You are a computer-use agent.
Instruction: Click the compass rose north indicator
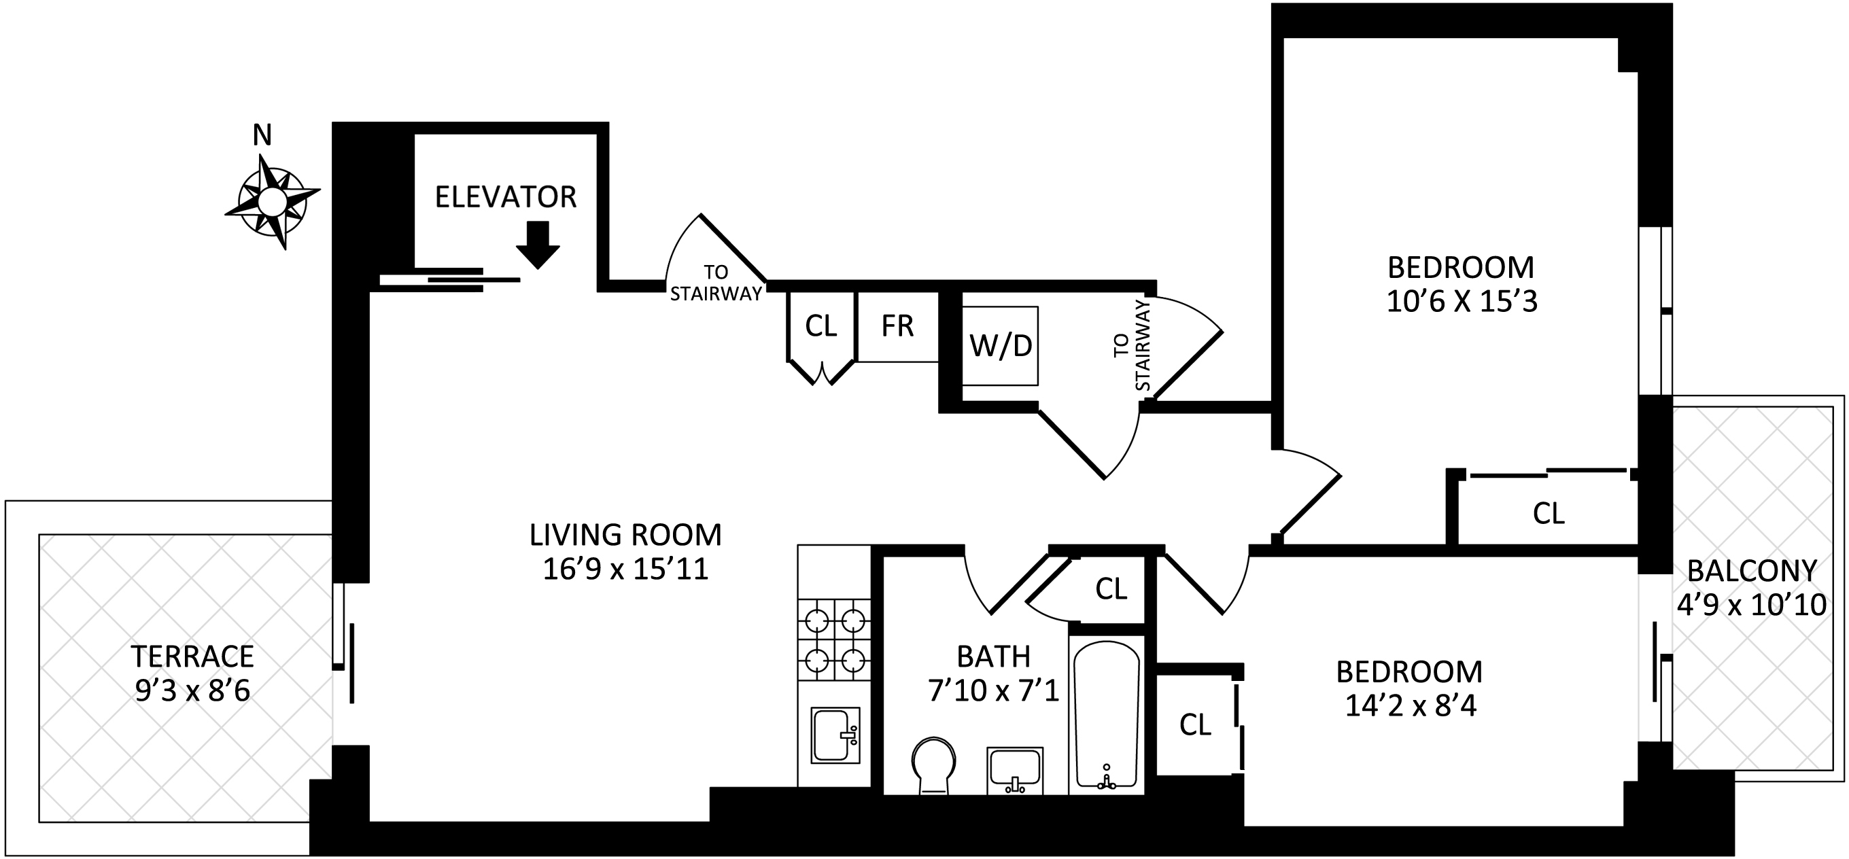coord(271,200)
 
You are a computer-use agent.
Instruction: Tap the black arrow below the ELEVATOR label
coord(538,245)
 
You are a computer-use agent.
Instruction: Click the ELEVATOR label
coord(505,196)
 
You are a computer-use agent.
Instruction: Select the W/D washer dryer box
coord(1000,346)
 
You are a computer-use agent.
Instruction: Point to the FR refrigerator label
coord(897,326)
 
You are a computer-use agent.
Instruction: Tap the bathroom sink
coord(1015,770)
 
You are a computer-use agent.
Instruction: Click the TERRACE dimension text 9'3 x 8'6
coord(192,691)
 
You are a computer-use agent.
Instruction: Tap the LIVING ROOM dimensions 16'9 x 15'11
coord(625,569)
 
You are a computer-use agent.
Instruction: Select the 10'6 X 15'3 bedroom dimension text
coord(1462,302)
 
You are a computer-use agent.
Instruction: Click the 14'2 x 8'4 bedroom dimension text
coord(1410,706)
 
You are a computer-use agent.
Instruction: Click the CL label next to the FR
coord(820,326)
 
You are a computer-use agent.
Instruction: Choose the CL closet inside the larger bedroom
coord(1549,513)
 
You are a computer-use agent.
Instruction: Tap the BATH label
coord(993,656)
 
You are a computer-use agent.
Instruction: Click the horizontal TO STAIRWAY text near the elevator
coord(716,283)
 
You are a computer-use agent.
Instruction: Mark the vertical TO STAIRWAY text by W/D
coord(1132,345)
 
